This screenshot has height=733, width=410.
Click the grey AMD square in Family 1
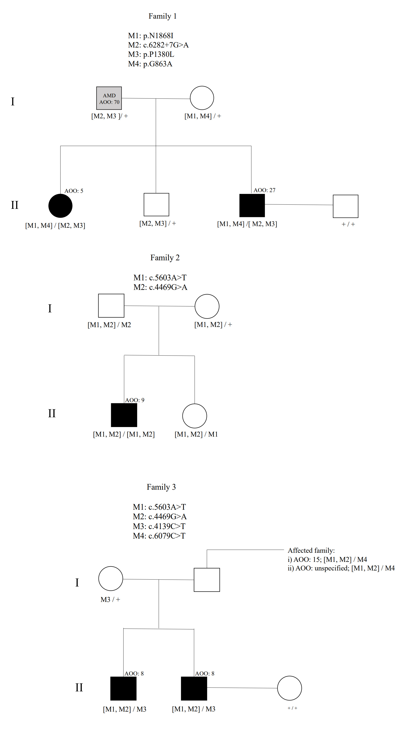pos(109,98)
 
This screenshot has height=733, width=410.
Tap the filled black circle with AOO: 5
pos(60,206)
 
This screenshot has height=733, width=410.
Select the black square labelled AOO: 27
pos(252,205)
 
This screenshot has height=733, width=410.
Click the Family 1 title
pos(162,16)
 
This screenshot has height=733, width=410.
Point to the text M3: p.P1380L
pos(151,54)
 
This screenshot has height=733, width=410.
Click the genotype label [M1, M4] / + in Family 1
pos(203,116)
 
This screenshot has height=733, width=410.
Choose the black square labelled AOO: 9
pos(124,415)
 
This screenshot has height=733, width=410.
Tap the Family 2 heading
pos(165,258)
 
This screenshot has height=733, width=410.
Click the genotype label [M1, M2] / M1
pos(196,434)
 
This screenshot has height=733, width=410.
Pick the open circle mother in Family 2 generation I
pos(207,306)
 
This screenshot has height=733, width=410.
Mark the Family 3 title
pos(161,487)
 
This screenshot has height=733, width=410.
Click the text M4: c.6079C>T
pos(159,536)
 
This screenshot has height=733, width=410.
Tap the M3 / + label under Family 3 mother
pos(110,600)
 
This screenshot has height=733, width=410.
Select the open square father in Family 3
pos(207,580)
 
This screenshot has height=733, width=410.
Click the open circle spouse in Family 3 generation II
pos(289,688)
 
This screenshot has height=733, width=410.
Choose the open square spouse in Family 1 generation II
pos(345,206)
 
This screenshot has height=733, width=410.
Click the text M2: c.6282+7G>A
pos(158,45)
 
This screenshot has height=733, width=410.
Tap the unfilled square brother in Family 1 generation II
pos(156,205)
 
